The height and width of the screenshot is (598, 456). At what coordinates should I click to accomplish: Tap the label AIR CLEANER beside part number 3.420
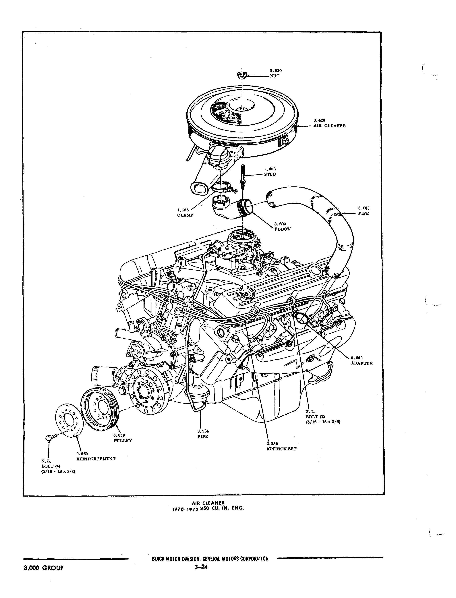pos(330,126)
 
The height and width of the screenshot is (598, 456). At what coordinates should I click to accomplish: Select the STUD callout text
pos(270,174)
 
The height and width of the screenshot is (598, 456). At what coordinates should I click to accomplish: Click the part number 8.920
pos(276,71)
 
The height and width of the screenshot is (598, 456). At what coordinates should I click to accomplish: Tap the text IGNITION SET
pos(281,449)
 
